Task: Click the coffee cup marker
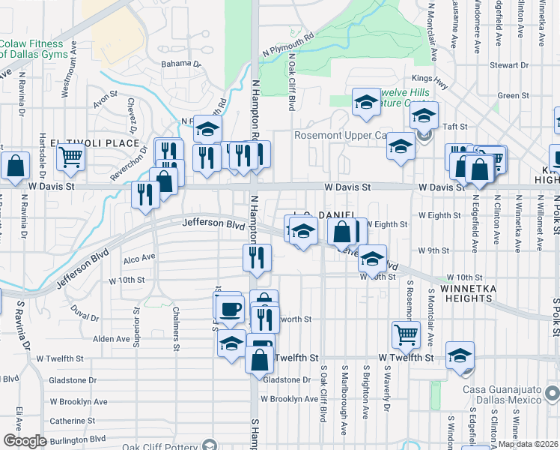point(230,308)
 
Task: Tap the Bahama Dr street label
point(182,64)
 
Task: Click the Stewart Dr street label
point(509,65)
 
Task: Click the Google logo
point(25,440)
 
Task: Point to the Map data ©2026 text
point(529,444)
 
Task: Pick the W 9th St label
point(433,250)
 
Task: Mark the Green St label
point(514,96)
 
